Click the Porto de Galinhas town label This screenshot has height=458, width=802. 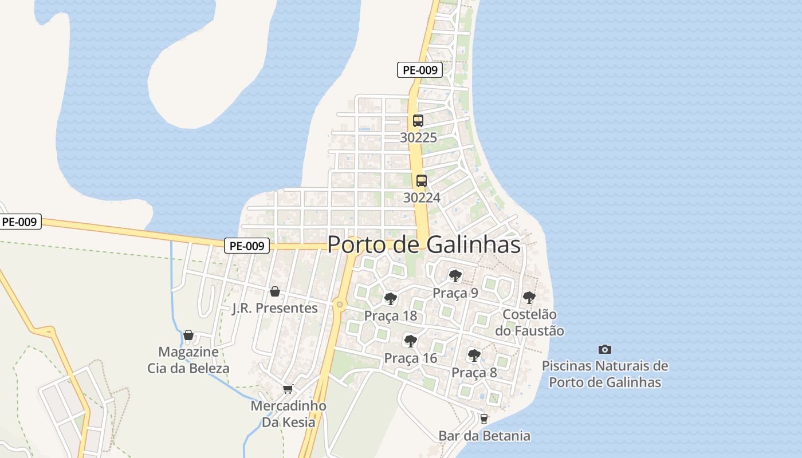pyautogui.click(x=424, y=244)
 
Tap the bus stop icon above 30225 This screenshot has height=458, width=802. pyautogui.click(x=418, y=121)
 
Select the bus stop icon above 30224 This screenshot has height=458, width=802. pyautogui.click(x=422, y=181)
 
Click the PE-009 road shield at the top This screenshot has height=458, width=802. pyautogui.click(x=420, y=70)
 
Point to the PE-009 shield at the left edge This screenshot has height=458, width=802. pyautogui.click(x=19, y=222)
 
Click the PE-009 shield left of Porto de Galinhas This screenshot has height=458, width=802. pyautogui.click(x=246, y=246)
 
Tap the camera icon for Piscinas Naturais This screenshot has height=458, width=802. pyautogui.click(x=604, y=349)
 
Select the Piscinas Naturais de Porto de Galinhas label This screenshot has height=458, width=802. pyautogui.click(x=605, y=374)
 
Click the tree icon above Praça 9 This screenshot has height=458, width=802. pyautogui.click(x=455, y=276)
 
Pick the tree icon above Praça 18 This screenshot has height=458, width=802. pyautogui.click(x=391, y=298)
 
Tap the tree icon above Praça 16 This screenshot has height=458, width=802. pyautogui.click(x=410, y=341)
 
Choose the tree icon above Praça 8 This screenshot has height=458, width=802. pyautogui.click(x=474, y=355)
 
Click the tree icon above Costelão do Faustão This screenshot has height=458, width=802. pyautogui.click(x=529, y=298)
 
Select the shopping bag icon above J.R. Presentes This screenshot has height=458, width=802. pyautogui.click(x=275, y=291)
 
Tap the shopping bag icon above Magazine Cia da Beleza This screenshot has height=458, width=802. pyautogui.click(x=188, y=335)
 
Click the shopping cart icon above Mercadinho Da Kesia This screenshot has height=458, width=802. pyautogui.click(x=288, y=389)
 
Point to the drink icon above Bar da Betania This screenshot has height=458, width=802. pyautogui.click(x=484, y=419)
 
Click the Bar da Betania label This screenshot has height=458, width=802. pyautogui.click(x=485, y=436)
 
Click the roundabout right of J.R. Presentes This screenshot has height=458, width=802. pyautogui.click(x=340, y=305)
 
